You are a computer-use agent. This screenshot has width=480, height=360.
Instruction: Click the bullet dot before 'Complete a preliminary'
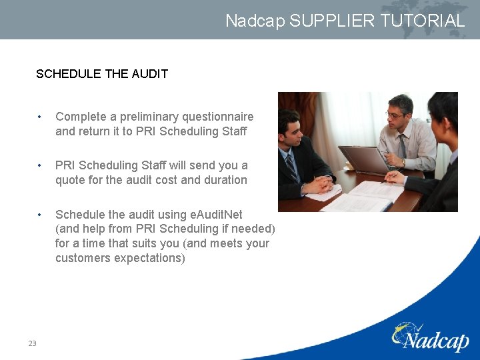(x=41, y=117)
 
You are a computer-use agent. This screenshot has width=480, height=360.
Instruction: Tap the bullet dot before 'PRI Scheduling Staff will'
(x=41, y=165)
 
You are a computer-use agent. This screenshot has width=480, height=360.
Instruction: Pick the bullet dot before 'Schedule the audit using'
(x=41, y=215)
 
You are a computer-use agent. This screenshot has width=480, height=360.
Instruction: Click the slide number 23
(x=32, y=343)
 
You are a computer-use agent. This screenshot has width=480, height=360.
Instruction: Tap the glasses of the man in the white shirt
(x=395, y=115)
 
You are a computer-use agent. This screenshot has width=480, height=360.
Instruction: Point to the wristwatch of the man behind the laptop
(x=403, y=162)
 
